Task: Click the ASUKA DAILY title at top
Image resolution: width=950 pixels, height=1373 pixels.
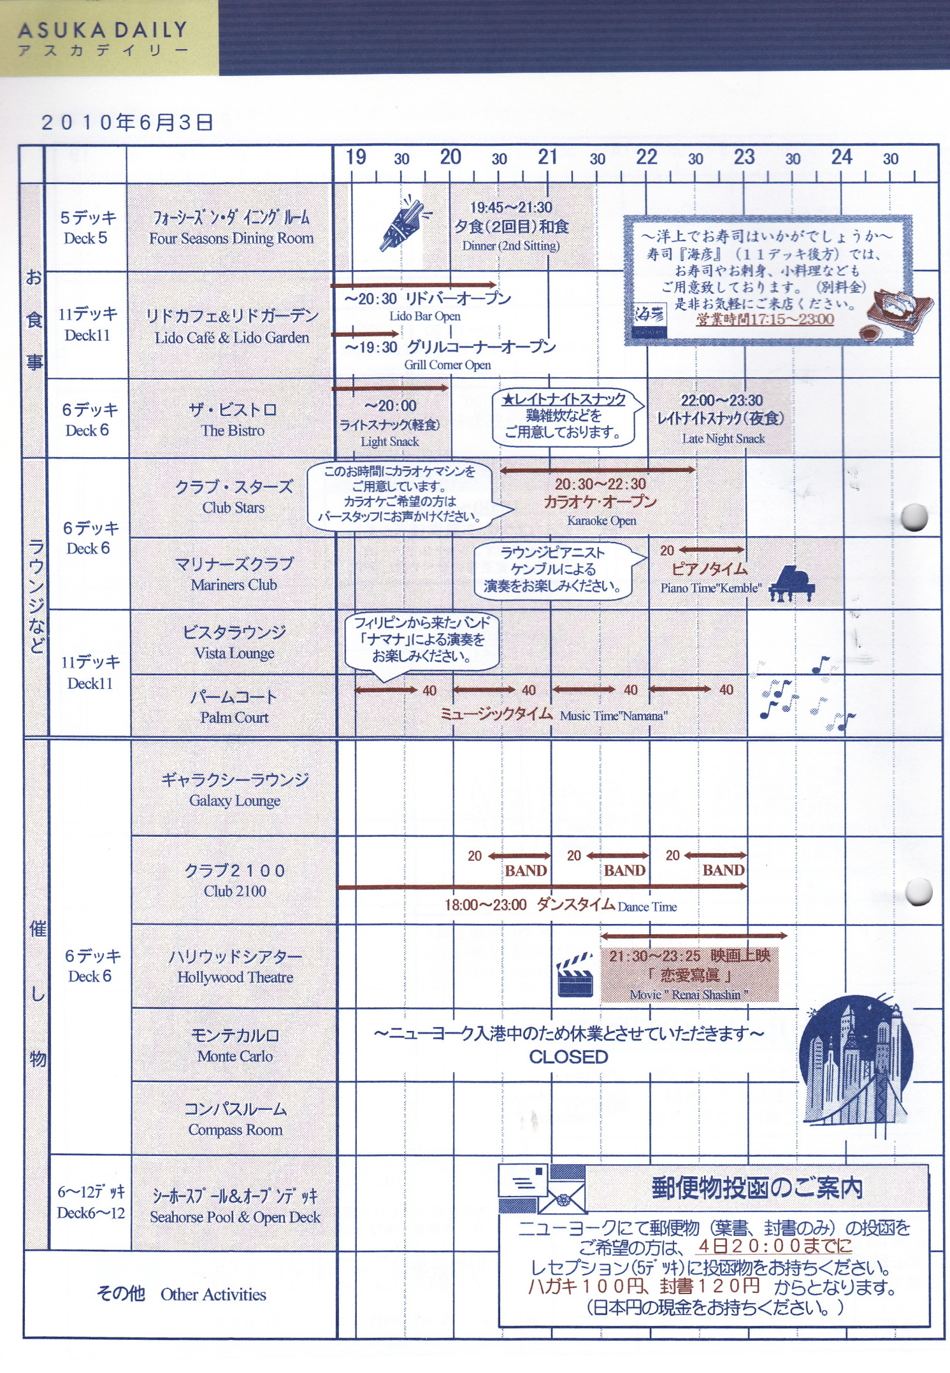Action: click(x=102, y=31)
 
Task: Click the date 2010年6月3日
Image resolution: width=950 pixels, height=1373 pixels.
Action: click(x=127, y=122)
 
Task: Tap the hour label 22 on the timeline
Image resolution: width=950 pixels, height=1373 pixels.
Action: click(x=646, y=157)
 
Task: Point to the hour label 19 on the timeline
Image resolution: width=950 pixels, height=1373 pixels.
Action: click(x=356, y=157)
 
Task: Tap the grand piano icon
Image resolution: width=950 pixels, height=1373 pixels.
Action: click(x=792, y=583)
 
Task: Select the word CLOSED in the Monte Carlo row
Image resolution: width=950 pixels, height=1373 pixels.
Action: click(x=568, y=1057)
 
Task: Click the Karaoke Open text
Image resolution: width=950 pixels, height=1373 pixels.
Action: click(x=601, y=520)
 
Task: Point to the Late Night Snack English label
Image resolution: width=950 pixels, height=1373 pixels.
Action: click(x=723, y=439)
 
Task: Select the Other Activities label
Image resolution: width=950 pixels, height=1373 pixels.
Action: click(x=213, y=1295)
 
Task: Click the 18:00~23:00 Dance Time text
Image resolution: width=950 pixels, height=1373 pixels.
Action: click(x=561, y=905)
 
